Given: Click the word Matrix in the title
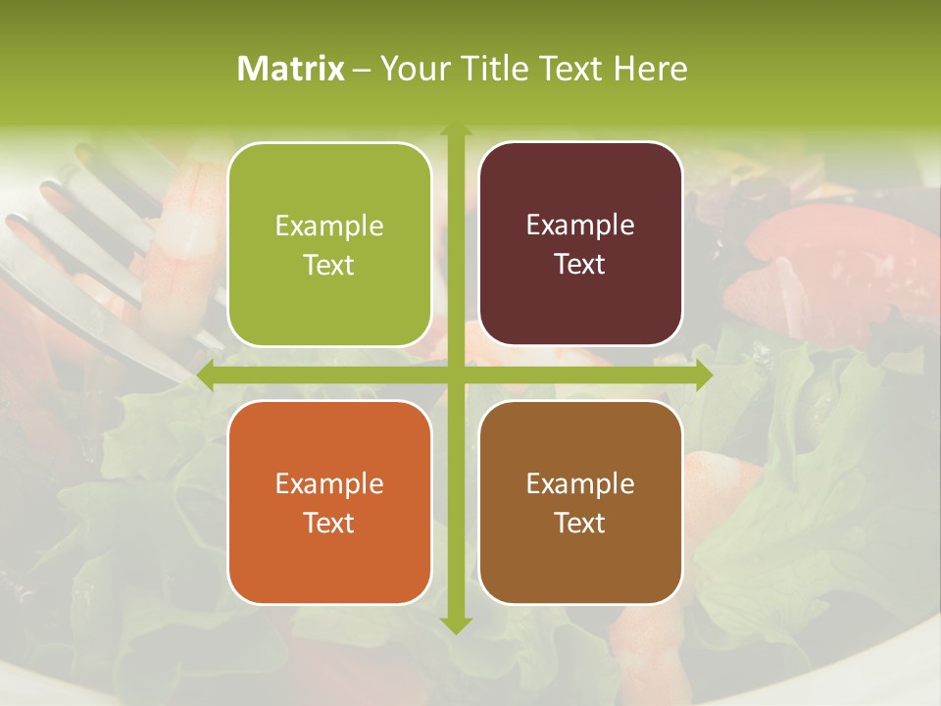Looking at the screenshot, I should click(x=291, y=69).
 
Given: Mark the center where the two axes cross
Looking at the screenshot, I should click(x=456, y=376).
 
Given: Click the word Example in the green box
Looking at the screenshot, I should click(x=329, y=227).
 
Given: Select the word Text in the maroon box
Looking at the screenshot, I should click(x=580, y=265).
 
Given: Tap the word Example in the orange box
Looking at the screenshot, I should click(x=329, y=484).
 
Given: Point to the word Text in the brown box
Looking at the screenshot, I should click(x=580, y=524).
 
